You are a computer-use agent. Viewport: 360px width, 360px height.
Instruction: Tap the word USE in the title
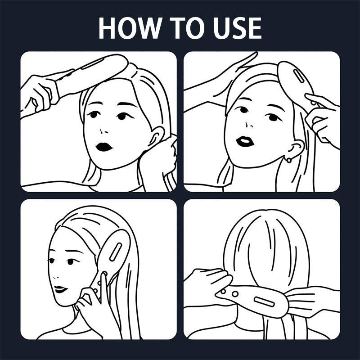(x=238, y=28)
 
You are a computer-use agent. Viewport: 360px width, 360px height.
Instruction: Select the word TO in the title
(x=187, y=28)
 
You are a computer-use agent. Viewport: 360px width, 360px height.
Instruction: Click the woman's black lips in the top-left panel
(x=104, y=147)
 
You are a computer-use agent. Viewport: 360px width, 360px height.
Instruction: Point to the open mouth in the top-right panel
(x=245, y=141)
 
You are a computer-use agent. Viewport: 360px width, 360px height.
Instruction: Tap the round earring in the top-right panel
(x=289, y=160)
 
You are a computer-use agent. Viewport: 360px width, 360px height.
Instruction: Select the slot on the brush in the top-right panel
(x=298, y=76)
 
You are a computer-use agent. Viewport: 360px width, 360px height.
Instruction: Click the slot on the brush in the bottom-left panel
(x=116, y=252)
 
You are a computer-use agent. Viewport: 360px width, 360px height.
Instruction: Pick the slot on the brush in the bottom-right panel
(x=264, y=301)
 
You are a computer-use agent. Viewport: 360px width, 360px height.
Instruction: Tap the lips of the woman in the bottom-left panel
(x=60, y=289)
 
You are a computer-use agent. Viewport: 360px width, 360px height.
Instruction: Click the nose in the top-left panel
(x=103, y=131)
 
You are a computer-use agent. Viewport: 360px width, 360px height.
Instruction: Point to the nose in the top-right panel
(x=249, y=125)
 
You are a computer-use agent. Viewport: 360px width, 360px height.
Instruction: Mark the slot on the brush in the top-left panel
(x=93, y=63)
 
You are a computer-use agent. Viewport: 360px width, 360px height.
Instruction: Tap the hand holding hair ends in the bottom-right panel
(x=312, y=301)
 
